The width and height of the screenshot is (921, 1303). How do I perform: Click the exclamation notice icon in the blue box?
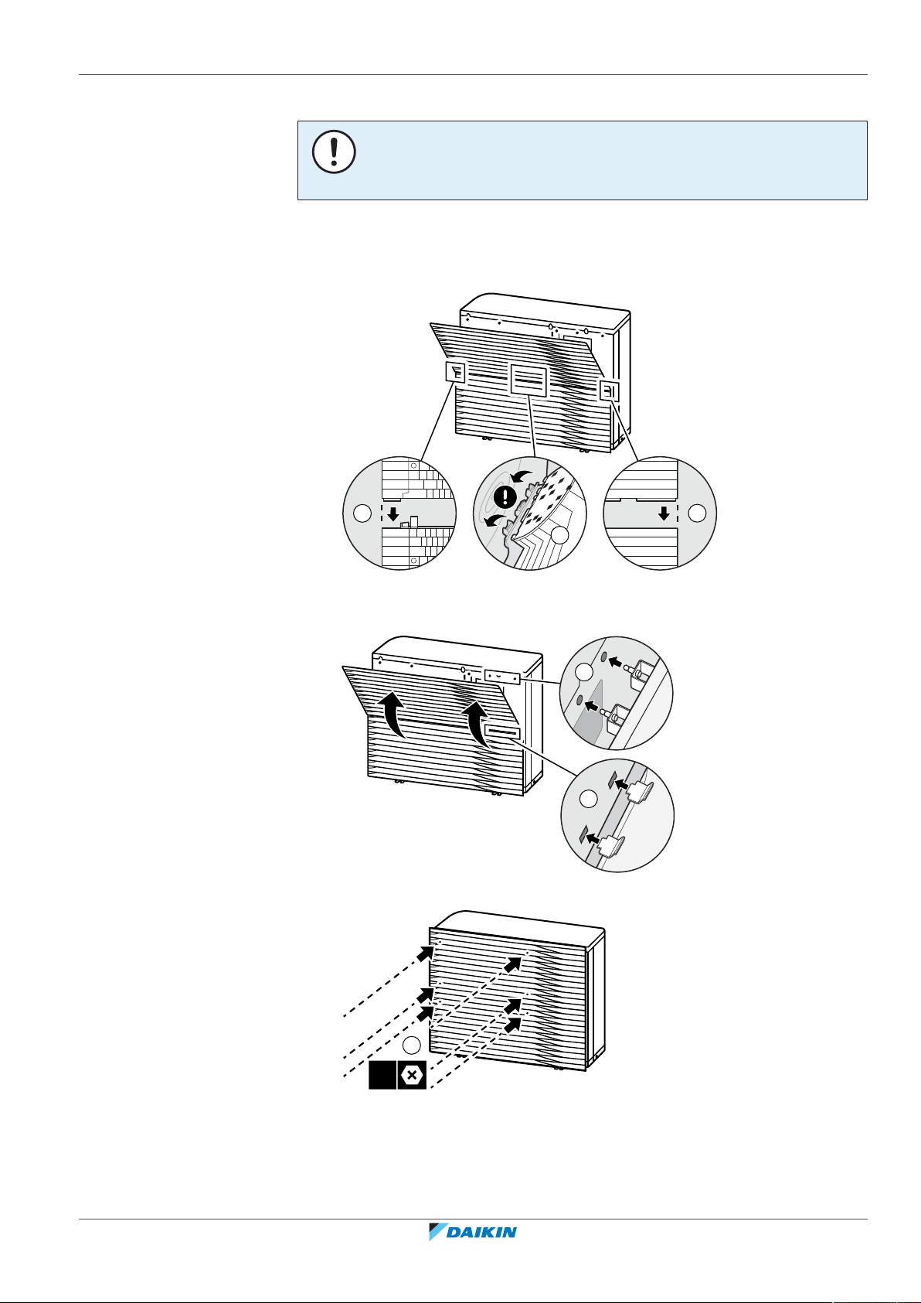point(334,152)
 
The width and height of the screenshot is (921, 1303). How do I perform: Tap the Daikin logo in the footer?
point(472,1231)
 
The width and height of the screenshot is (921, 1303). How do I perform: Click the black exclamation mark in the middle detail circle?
point(505,496)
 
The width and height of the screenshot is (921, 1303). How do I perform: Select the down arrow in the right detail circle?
point(664,513)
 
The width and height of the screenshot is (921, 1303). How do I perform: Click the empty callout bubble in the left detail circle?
point(362,513)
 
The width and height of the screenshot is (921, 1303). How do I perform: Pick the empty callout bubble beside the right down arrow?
point(697,513)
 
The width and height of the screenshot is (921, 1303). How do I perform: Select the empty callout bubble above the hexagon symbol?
point(411,1045)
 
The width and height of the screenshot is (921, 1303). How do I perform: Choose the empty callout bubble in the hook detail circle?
point(589,799)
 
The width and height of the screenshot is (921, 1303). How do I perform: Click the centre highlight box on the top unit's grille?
point(528,380)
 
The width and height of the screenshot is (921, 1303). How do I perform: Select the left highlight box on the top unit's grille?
point(456,372)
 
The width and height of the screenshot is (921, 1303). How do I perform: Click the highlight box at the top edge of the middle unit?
point(501,677)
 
